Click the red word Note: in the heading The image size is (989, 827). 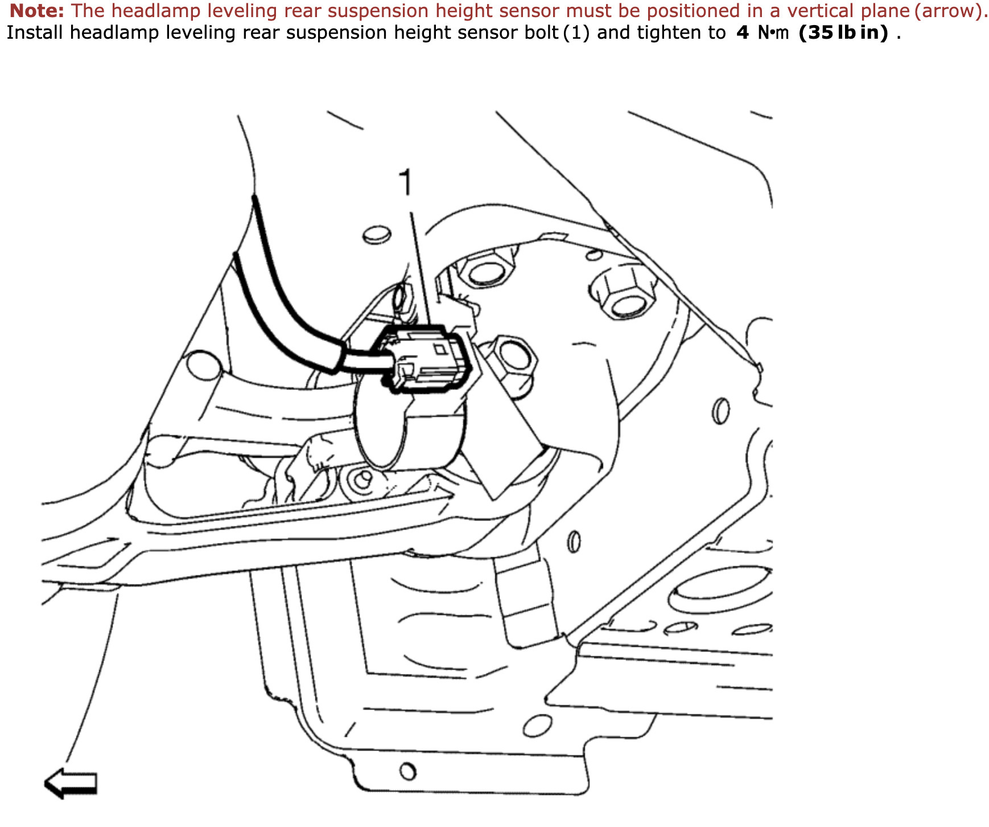coord(37,11)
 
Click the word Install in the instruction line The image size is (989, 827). coord(35,32)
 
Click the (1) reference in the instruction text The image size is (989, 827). coord(576,33)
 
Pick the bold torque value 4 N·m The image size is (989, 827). coord(763,33)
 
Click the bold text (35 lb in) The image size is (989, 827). coord(843,33)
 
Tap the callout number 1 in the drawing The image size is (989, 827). coord(405,182)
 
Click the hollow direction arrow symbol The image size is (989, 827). coord(71,783)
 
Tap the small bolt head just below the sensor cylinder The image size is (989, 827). coord(360,482)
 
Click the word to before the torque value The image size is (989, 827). coord(717,33)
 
